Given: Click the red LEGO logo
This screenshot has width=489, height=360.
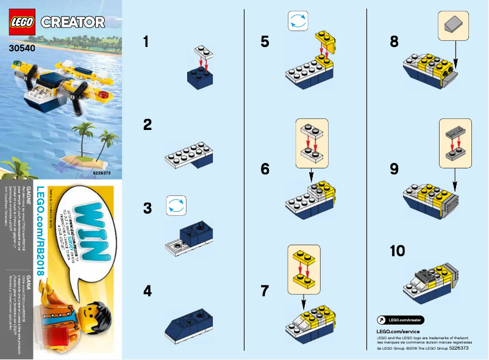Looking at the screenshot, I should pos(23,21).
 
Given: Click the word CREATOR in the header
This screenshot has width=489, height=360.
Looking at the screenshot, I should pos(73,23).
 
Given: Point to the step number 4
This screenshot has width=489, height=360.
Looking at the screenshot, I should pos(147,291).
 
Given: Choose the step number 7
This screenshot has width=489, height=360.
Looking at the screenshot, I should pos(265,291).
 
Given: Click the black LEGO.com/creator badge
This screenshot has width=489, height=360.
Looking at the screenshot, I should pos(399,320).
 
